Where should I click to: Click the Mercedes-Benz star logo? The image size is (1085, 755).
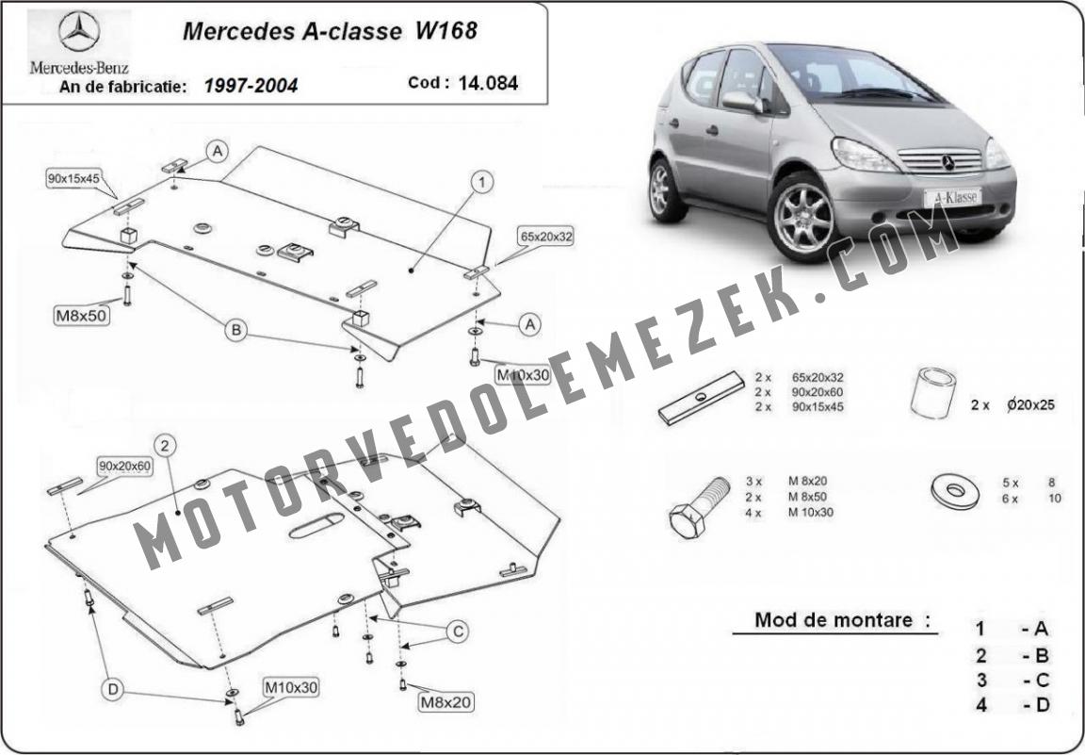79,31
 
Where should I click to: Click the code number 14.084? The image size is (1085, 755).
488,83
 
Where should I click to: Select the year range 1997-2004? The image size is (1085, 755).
251,86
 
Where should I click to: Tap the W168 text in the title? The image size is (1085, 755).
446,31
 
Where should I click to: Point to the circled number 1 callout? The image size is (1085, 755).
482,182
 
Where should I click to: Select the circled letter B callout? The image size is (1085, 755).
236,331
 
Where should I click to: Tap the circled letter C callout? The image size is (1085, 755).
458,632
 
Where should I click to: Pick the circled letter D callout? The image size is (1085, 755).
113,689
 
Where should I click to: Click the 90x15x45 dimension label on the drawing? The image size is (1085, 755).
73,178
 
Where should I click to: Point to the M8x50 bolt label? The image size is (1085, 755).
82,316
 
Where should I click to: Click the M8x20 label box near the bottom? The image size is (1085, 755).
446,702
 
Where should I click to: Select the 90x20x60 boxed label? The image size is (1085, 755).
124,467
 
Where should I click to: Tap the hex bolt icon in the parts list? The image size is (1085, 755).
699,507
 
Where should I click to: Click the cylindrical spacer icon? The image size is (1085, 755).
932,393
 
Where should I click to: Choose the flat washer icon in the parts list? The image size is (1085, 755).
955,491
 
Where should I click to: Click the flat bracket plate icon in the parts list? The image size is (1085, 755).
701,398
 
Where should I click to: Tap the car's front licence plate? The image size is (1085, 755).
952,197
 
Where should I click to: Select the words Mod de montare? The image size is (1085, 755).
834,619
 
